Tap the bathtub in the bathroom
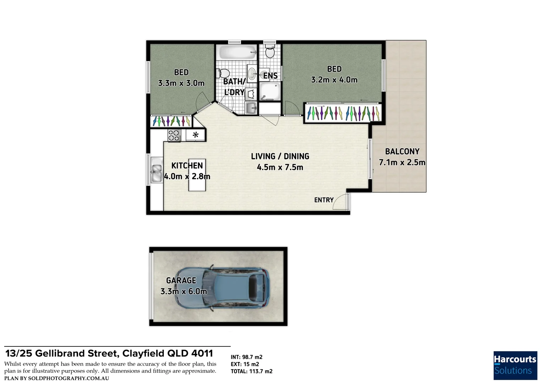(238, 52)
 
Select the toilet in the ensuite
(270, 51)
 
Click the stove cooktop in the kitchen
(174, 135)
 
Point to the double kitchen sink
(156, 170)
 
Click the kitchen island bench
(197, 175)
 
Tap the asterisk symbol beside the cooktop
(195, 134)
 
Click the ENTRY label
(324, 200)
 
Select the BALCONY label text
(402, 151)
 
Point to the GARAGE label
(181, 281)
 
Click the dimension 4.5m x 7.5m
(280, 167)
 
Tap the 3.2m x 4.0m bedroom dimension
(334, 79)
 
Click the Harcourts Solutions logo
(515, 365)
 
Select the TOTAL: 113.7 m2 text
(251, 371)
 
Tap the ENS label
(270, 76)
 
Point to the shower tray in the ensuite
(270, 91)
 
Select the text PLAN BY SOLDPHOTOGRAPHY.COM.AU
(57, 378)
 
